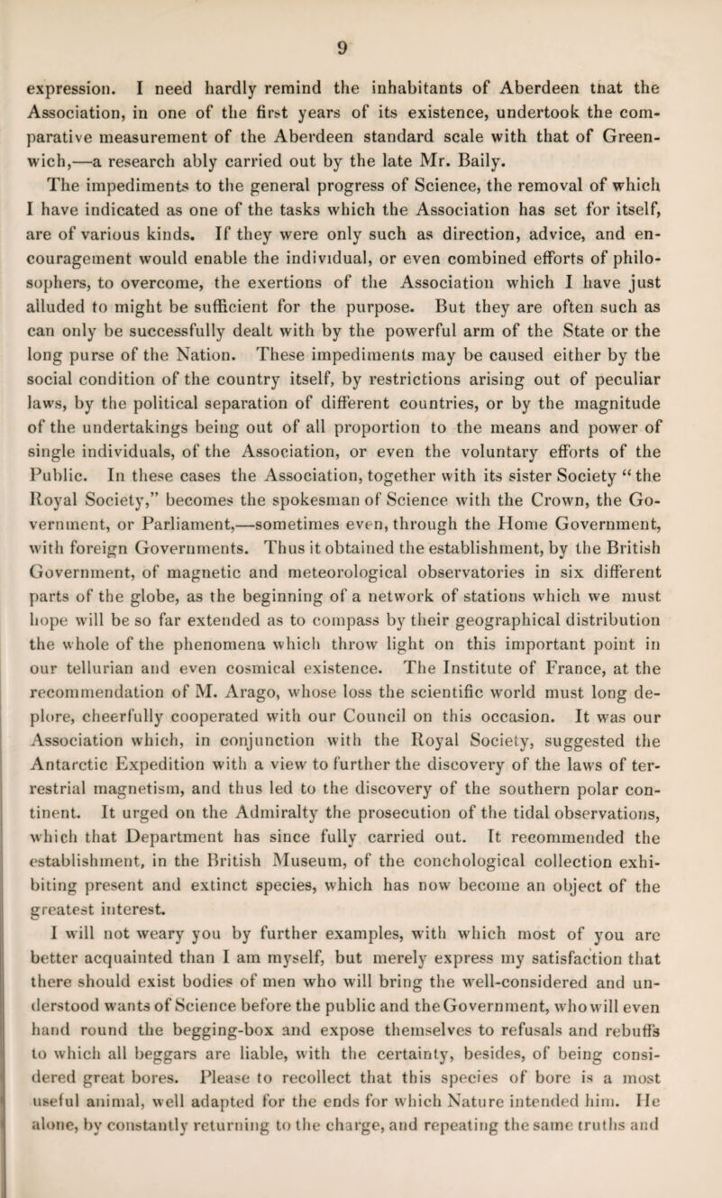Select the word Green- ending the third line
click(x=655, y=138)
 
